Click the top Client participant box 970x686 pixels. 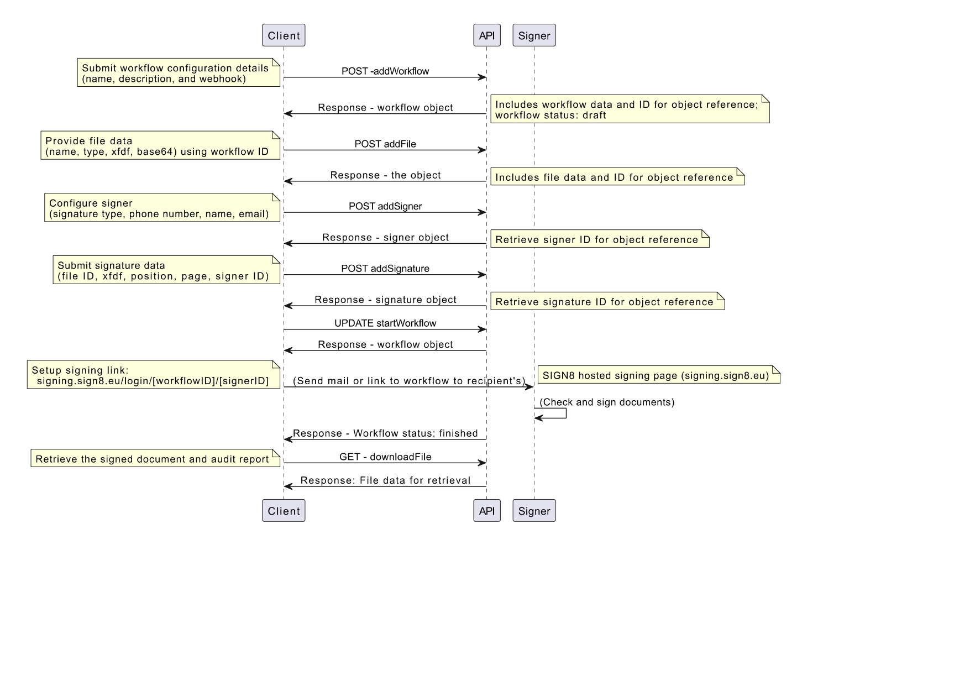tap(284, 35)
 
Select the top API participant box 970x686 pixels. tap(487, 35)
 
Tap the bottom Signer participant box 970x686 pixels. tap(534, 511)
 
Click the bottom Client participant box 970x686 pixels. tap(284, 511)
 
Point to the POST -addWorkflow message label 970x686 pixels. tap(385, 71)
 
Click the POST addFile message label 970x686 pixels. tap(385, 144)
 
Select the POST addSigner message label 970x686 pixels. tap(385, 206)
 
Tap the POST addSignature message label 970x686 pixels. tap(385, 269)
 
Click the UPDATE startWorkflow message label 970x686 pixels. tap(385, 323)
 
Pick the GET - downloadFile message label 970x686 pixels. tap(385, 457)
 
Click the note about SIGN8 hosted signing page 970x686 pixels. tap(659, 375)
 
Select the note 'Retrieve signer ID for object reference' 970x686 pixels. tap(600, 239)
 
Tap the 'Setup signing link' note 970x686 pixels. tap(154, 375)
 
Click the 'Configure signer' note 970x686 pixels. tap(162, 208)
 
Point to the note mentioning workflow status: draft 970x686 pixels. tap(630, 109)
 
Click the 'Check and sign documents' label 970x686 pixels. tap(607, 402)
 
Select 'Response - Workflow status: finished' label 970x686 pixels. tap(385, 433)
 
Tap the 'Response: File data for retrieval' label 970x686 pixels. tap(385, 480)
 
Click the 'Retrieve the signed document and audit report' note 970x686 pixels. tap(155, 458)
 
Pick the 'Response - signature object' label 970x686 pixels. tap(385, 300)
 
